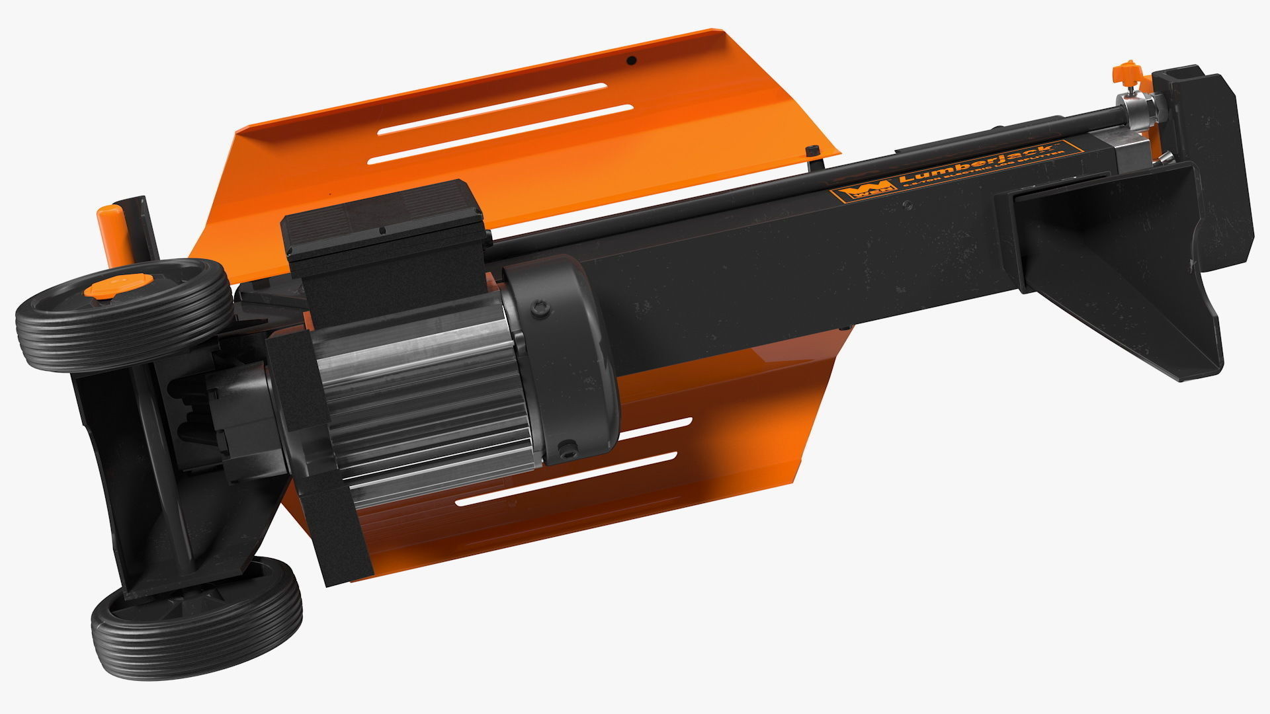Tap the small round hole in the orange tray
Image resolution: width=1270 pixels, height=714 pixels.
(x=632, y=61)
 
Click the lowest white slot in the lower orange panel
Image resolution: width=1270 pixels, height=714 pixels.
(x=566, y=480)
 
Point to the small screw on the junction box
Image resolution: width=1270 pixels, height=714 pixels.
(x=382, y=231)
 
